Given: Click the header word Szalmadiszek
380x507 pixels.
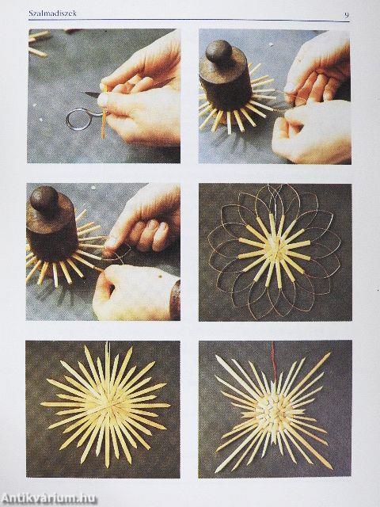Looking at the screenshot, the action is click(53, 13).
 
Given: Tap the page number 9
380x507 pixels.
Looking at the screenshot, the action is click(347, 14).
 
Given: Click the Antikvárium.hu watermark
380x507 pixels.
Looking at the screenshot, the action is click(48, 498).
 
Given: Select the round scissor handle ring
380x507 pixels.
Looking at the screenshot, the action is click(78, 119).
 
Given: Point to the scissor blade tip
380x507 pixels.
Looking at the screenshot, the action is click(85, 93).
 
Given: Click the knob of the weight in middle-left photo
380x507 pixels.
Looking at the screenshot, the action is click(44, 197).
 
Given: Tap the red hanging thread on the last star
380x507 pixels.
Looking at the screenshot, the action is click(274, 358).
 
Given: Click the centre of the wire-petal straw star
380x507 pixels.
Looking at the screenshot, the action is click(275, 250).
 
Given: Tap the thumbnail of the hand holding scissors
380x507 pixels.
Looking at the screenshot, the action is click(102, 101).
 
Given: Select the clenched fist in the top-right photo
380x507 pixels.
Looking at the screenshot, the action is click(310, 131).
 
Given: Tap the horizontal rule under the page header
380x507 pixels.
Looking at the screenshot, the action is click(189, 21).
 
